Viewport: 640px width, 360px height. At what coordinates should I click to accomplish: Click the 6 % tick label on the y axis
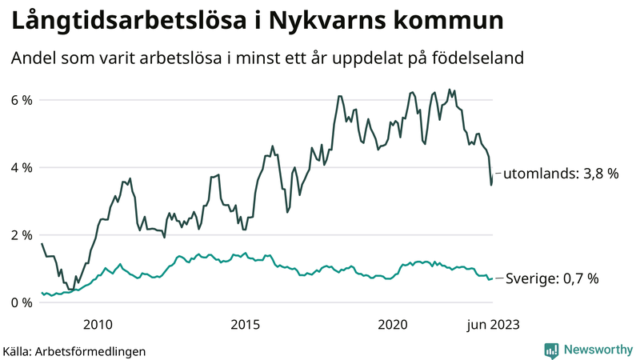pos(21,100)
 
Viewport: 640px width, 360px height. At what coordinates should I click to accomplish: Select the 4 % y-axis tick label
pos(21,168)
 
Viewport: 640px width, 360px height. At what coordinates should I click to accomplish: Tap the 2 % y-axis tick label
pos(21,235)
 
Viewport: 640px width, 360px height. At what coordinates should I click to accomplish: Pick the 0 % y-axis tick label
pos(21,302)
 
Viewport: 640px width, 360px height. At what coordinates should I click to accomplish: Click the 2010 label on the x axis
pos(96,324)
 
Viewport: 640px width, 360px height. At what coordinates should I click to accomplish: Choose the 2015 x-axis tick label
pos(245,324)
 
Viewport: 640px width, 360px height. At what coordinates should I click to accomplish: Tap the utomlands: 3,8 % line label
pos(562,173)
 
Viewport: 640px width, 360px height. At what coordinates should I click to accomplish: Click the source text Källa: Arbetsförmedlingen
pos(74,350)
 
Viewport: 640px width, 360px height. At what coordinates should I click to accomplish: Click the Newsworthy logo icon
pos(551,350)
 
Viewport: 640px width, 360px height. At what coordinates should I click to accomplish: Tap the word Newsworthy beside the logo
pos(596,350)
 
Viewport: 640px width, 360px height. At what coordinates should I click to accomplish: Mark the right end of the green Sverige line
pos(492,278)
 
